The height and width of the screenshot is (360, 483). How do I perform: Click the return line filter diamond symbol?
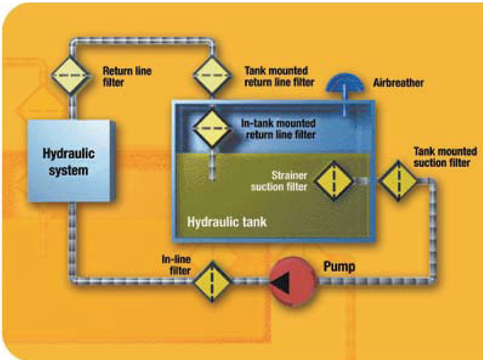pos(71,75)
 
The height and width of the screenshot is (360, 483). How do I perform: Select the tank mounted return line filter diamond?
pos(212,75)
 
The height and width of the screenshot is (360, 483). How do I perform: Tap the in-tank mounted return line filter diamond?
pos(212,128)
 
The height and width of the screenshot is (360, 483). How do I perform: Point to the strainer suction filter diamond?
pos(334,181)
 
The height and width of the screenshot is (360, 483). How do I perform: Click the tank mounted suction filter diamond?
pos(399,181)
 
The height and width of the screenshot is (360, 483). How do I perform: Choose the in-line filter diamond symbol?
pos(212,281)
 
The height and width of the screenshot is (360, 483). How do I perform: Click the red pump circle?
pos(293,281)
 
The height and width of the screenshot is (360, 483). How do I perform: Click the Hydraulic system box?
pos(71,161)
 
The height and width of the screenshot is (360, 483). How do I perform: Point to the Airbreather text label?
pos(398,83)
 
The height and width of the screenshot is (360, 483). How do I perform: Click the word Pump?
pos(339,267)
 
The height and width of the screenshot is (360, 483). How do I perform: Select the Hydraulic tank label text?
pos(227,222)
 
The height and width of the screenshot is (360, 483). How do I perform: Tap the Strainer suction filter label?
pos(279,182)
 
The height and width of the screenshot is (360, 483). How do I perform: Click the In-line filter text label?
pos(176,265)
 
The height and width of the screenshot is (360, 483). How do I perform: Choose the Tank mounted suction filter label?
pos(445,157)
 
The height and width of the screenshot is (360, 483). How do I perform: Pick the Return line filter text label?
pos(127,77)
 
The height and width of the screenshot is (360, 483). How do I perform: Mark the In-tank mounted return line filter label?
pos(279,129)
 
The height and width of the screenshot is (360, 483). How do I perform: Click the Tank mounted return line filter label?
pos(280,76)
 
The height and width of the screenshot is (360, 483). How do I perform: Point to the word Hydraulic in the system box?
pos(68,154)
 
